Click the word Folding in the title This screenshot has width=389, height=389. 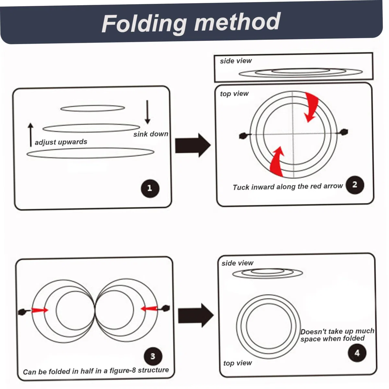pos(144,24)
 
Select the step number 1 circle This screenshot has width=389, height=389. pos(150,188)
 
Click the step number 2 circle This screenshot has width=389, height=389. pos(355,185)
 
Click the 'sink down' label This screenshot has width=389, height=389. pos(151,134)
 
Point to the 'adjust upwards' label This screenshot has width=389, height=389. pos(61,142)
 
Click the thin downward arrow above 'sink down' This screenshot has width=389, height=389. pos(147,112)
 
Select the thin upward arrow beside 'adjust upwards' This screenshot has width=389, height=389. pos(30,135)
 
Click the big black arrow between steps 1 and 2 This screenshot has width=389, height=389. pos(193,145)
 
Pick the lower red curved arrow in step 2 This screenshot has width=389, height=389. pos(277,162)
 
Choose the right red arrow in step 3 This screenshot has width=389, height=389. pos(149,309)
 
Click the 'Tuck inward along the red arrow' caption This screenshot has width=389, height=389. pos(288,186)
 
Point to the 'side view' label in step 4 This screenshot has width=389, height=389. pos(237,263)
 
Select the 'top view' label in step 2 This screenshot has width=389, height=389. pos(234,94)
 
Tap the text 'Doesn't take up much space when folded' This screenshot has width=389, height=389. pos(337,335)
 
